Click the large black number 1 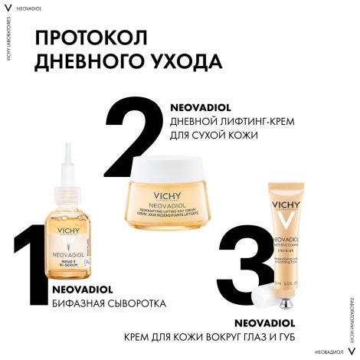click(x=31, y=267)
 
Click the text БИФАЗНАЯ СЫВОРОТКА click(x=108, y=303)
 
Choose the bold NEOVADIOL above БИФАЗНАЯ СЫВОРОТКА click(x=85, y=290)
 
